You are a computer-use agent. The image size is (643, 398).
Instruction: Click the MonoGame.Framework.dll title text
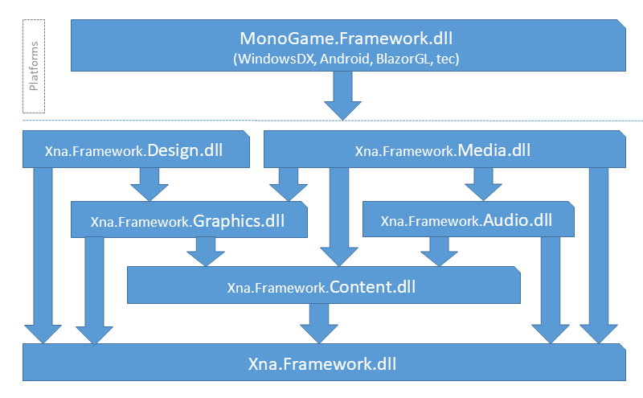click(x=346, y=39)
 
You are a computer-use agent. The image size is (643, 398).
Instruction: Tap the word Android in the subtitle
click(x=345, y=59)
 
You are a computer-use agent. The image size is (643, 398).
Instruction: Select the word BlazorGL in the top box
click(x=403, y=59)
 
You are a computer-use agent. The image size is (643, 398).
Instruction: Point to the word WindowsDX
click(x=276, y=59)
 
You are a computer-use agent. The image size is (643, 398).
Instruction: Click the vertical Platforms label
click(x=34, y=66)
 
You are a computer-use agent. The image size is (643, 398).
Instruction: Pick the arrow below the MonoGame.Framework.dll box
click(x=342, y=96)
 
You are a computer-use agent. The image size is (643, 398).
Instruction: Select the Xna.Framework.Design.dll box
click(x=136, y=150)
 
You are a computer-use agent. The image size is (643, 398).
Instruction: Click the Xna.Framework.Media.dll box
click(x=444, y=150)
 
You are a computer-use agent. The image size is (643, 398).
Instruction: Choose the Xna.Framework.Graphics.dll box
click(x=189, y=220)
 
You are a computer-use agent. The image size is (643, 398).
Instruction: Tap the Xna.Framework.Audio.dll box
click(x=469, y=220)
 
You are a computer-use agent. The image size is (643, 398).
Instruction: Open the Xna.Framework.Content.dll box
click(x=324, y=285)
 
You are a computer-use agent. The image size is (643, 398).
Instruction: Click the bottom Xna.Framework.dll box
click(x=324, y=363)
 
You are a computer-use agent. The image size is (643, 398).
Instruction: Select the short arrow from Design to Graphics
click(x=149, y=184)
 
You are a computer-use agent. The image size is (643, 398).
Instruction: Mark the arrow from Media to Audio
click(x=483, y=184)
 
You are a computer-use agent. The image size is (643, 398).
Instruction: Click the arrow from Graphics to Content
click(x=206, y=252)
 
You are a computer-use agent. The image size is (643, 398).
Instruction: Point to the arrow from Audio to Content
click(x=439, y=252)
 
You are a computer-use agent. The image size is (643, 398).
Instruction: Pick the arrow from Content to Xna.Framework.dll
click(x=319, y=323)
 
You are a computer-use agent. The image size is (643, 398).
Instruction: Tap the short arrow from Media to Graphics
click(x=289, y=184)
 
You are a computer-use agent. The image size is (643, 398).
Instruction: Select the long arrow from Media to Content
click(x=338, y=217)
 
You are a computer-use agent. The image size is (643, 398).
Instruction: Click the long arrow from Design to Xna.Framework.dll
click(x=43, y=255)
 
